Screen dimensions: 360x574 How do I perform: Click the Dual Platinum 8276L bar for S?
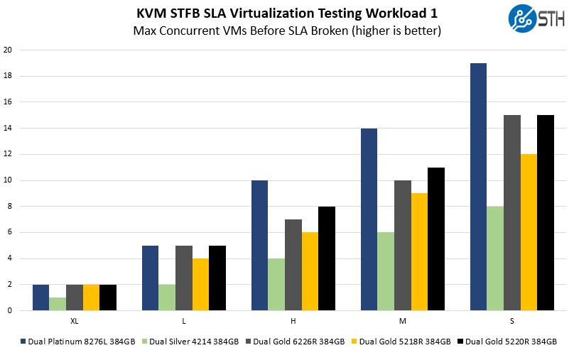(x=479, y=187)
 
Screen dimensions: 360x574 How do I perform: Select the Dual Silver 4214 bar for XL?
(x=58, y=304)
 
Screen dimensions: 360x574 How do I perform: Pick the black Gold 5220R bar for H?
(x=326, y=258)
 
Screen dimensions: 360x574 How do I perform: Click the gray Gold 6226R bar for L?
(x=184, y=278)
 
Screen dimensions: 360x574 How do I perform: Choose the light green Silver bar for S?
(x=495, y=258)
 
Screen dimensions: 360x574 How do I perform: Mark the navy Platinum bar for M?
(x=369, y=219)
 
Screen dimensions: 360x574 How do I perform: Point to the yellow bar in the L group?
(x=200, y=284)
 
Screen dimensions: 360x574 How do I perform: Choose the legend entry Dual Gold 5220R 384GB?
(x=509, y=342)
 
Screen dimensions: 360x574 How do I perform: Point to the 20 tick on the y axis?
(x=7, y=50)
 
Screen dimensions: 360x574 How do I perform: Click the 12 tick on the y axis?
(x=7, y=154)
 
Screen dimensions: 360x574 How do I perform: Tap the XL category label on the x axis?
(x=75, y=321)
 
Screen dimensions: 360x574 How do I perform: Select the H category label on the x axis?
(x=293, y=321)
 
